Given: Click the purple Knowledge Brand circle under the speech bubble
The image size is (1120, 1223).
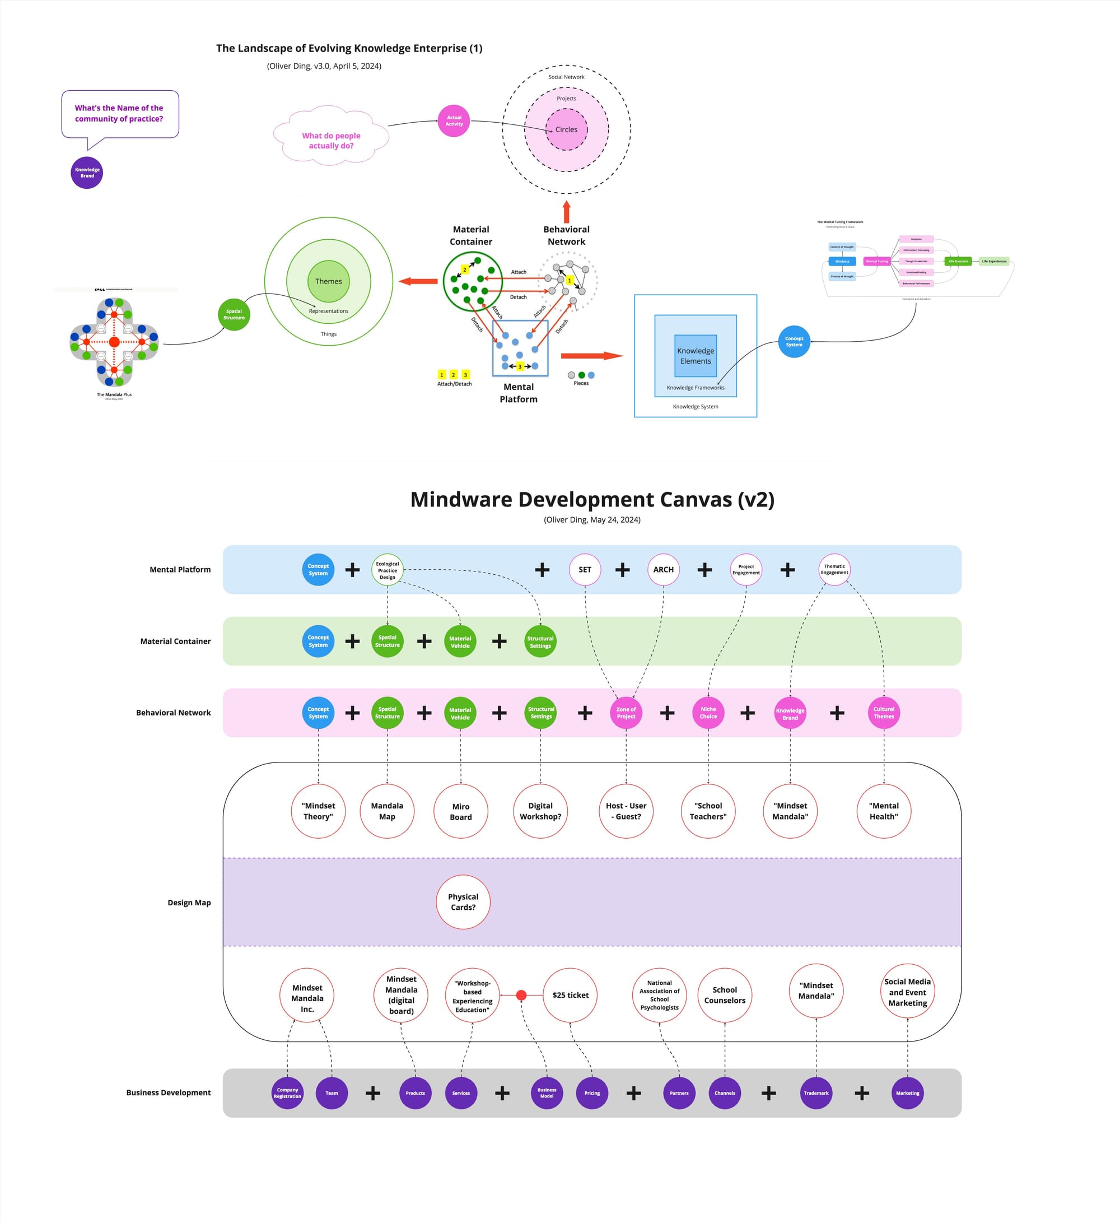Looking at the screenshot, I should [x=87, y=173].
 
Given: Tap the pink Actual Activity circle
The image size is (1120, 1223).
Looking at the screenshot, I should [x=454, y=120].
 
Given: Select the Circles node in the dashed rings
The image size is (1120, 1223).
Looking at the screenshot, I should [x=566, y=129].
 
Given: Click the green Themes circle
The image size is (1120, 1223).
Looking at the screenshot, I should [x=328, y=281].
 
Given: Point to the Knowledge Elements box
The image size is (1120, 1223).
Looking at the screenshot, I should [x=695, y=356].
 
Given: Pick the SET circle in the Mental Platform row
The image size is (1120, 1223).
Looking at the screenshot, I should [x=585, y=570].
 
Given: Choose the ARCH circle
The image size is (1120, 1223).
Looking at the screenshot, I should [x=663, y=570].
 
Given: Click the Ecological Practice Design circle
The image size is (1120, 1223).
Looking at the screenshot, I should [x=388, y=570].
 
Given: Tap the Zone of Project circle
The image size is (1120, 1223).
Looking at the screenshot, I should [x=626, y=713].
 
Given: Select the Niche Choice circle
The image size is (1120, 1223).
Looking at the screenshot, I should [x=708, y=713].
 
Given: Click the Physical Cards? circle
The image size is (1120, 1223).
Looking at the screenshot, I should [x=463, y=901].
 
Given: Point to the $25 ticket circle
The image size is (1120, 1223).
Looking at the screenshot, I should [x=570, y=995].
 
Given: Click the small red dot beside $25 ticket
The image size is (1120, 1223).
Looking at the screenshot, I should [x=521, y=995].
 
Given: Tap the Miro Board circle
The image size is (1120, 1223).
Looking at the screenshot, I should [x=460, y=812].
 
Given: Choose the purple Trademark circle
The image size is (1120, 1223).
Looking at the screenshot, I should [x=815, y=1093].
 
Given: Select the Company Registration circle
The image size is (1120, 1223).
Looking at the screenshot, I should [x=287, y=1093].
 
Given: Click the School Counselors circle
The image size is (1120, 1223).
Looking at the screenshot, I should [x=725, y=995].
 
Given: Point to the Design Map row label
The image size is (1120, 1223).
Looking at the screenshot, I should [x=189, y=903].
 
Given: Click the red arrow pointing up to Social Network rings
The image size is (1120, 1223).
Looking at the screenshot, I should [x=566, y=212].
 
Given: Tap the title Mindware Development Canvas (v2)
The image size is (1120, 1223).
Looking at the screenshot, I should [x=592, y=499].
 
